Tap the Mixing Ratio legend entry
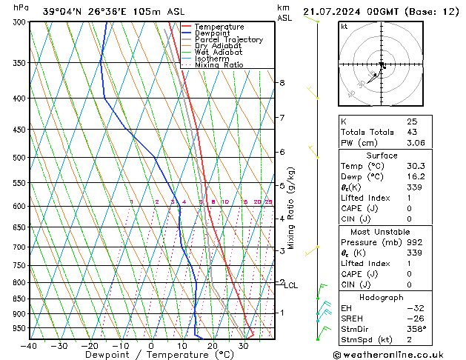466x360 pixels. (x=219, y=65)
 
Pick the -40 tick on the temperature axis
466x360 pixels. (x=29, y=346)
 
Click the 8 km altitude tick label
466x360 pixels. (x=282, y=83)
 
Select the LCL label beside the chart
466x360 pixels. (x=291, y=285)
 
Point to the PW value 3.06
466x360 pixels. (x=415, y=143)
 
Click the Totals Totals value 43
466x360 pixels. (x=411, y=132)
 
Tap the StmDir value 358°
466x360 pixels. (x=416, y=329)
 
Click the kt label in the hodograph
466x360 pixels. (x=344, y=27)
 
